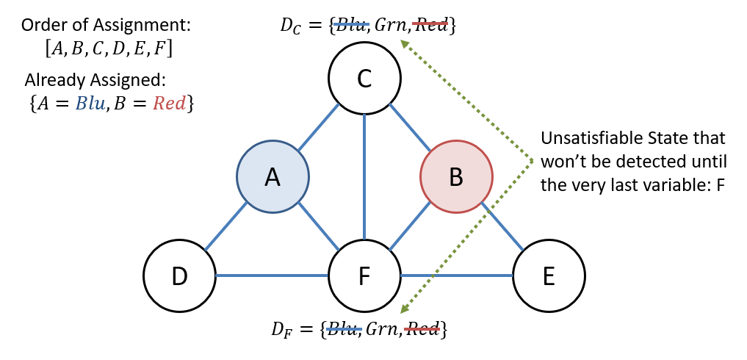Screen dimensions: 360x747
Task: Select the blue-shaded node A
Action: pos(273,177)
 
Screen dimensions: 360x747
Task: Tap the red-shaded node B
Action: pos(456,177)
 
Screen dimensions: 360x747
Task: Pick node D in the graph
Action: pos(180,276)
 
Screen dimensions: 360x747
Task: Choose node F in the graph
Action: pos(364,276)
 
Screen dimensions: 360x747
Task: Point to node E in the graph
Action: pos(549,276)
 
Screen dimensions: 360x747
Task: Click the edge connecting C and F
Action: pos(364,176)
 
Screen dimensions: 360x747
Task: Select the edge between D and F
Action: pos(272,276)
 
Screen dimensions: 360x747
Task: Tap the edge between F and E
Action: pos(456,276)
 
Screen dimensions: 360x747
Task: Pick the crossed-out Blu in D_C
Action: pos(351,26)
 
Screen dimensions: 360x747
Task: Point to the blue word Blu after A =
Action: pos(92,104)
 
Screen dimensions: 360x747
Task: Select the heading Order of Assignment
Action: pos(106,25)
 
